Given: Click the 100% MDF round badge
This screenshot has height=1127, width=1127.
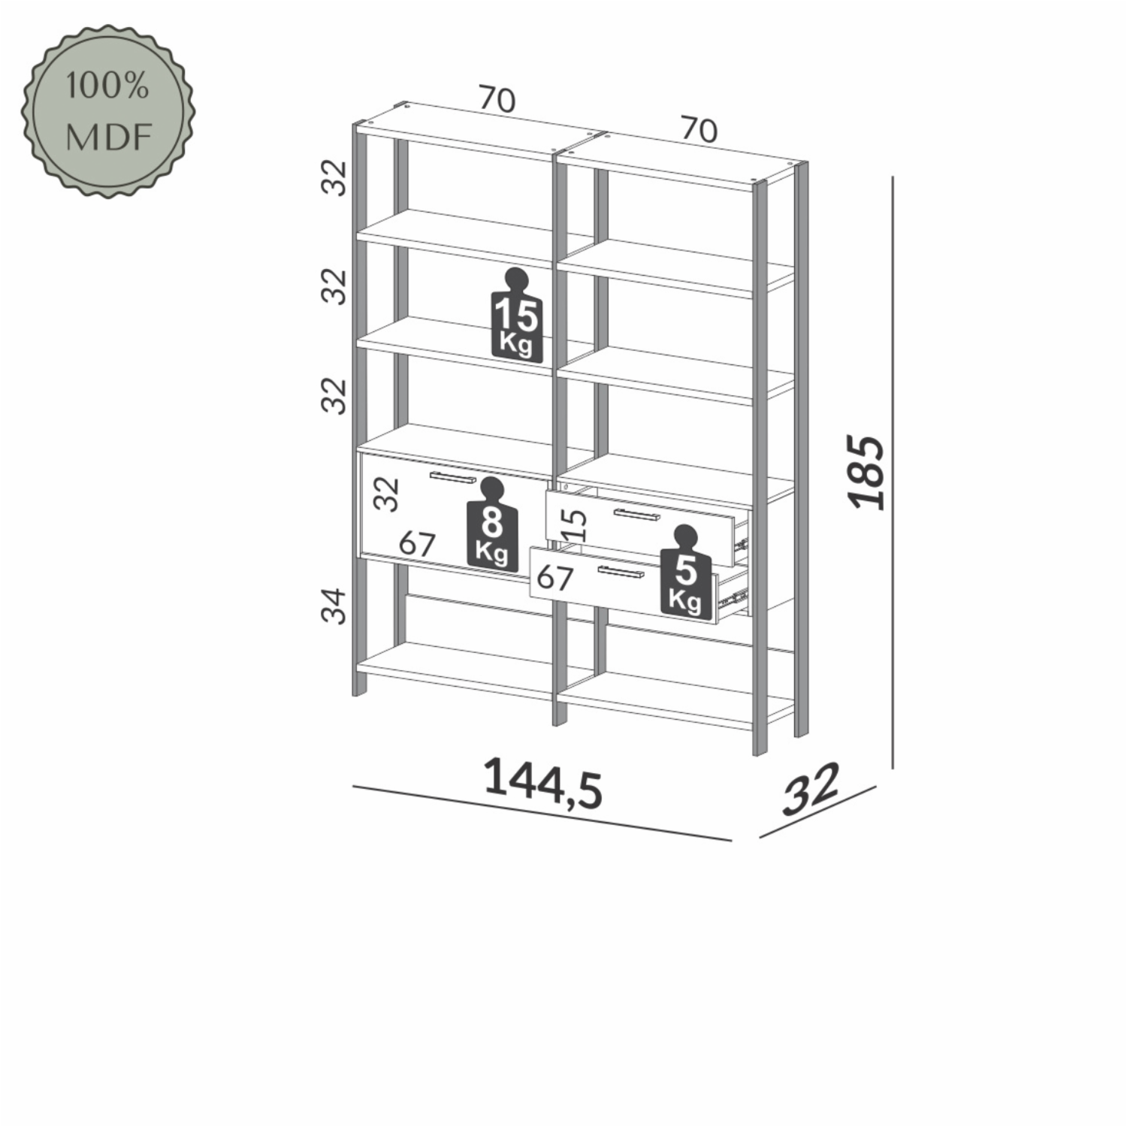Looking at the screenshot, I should [x=107, y=112].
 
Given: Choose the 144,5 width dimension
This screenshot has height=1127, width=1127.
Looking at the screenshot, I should [x=542, y=784].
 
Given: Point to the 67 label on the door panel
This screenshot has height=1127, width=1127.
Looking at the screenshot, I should [x=417, y=543].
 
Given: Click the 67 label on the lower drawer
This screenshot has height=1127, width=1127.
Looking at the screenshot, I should [x=555, y=578].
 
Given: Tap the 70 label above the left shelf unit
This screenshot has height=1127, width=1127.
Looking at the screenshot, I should [x=497, y=100].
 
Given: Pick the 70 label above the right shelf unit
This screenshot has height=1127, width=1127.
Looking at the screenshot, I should [x=699, y=130].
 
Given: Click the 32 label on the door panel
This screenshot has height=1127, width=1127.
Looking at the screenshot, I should [x=387, y=494].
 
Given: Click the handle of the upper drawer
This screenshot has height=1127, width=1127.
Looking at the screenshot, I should [x=636, y=515].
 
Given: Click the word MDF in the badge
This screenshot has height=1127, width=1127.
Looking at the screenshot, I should [x=109, y=137].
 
